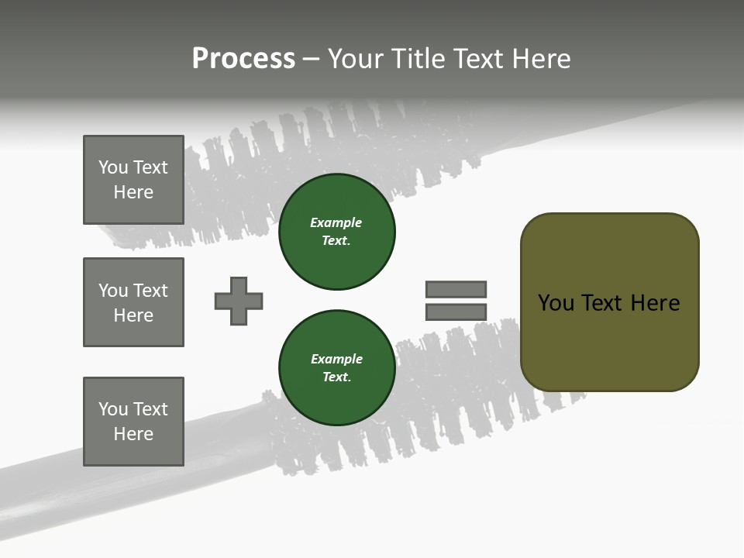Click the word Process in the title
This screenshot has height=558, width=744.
243,59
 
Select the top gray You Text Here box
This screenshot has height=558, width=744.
133,180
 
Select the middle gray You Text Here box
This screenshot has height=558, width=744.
133,302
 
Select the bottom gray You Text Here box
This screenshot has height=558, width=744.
133,422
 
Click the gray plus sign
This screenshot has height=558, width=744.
239,301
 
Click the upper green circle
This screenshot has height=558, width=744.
336,232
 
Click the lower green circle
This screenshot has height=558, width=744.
336,368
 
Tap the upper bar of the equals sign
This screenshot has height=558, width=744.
456,289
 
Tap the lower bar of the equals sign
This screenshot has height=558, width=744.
456,312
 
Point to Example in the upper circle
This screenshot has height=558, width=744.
336,222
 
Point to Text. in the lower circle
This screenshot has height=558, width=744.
336,377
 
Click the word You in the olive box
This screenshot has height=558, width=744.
556,303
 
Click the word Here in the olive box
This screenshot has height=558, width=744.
655,303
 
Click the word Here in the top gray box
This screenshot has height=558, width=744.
133,192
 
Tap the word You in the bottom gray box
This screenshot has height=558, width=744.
113,409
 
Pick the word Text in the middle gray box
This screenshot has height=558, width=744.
150,291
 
